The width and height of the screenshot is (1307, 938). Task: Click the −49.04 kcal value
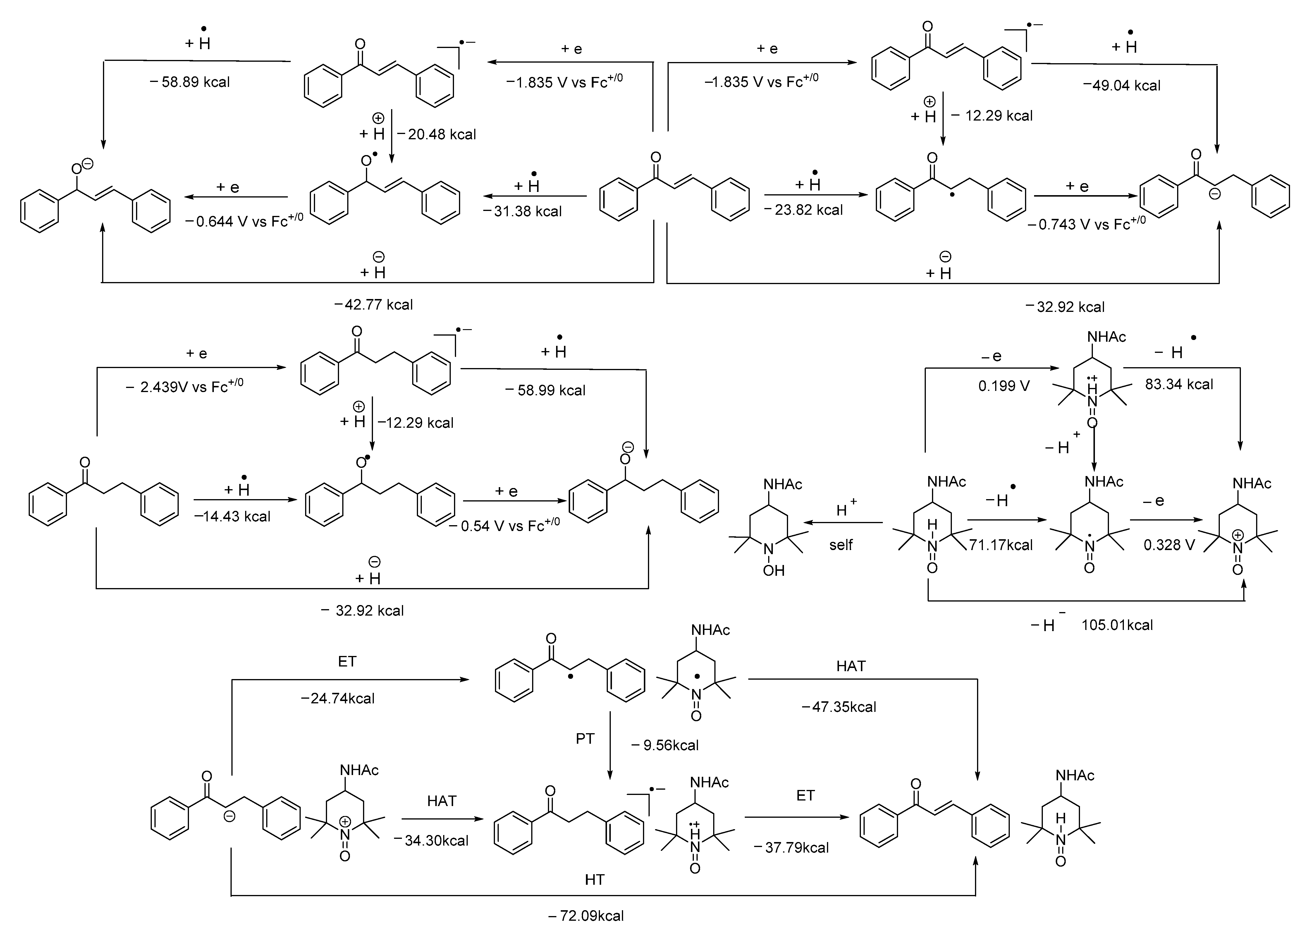[1122, 85]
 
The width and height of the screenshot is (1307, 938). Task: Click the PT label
[585, 738]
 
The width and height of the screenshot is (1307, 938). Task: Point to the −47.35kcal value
[839, 707]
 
